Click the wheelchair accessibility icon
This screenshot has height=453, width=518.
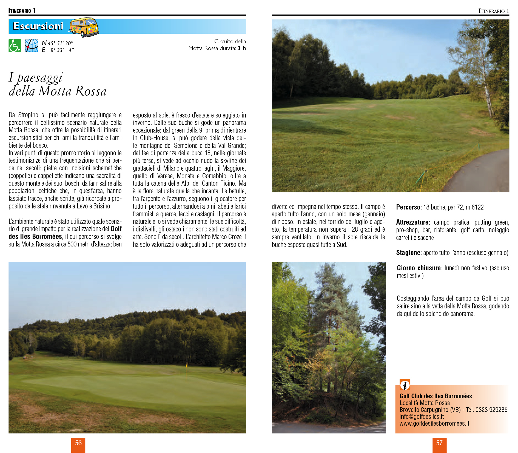click(15, 46)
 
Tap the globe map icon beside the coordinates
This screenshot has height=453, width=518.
click(32, 46)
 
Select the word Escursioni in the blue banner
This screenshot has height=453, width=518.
click(38, 26)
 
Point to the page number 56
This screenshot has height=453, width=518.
click(78, 443)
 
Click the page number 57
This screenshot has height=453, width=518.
click(439, 443)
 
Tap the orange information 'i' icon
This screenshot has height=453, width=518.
click(405, 385)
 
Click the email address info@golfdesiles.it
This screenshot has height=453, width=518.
click(422, 417)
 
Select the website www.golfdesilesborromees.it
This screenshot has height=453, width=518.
click(434, 423)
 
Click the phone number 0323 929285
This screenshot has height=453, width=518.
click(491, 410)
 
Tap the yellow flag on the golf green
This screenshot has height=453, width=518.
click(187, 365)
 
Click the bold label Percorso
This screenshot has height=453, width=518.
click(408, 207)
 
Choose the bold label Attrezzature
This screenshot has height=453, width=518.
click(412, 222)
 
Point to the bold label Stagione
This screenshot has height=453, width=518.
click(408, 253)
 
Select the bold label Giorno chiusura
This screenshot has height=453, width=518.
click(419, 268)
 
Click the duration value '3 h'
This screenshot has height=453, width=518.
click(241, 48)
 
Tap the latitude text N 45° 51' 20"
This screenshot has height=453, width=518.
click(58, 43)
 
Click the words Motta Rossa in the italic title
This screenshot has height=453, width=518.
click(72, 91)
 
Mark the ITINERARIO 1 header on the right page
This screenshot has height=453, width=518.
click(494, 11)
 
